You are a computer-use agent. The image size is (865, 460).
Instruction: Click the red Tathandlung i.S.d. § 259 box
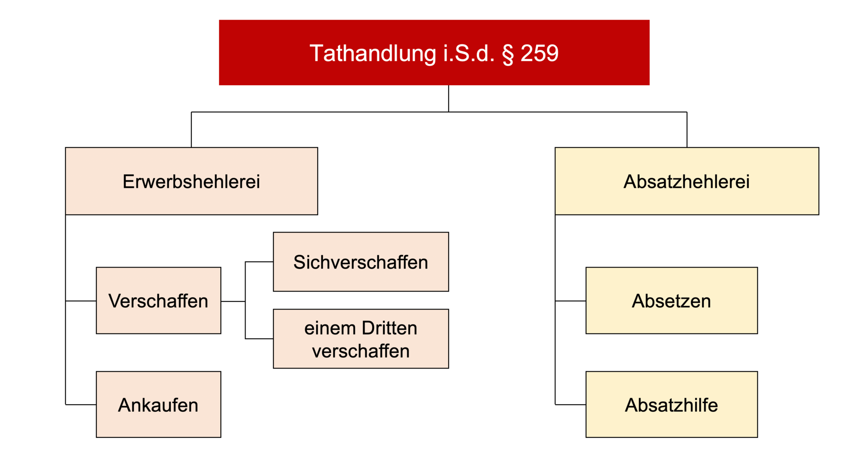pyautogui.click(x=434, y=52)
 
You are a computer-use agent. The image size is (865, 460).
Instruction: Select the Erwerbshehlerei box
pyautogui.click(x=191, y=181)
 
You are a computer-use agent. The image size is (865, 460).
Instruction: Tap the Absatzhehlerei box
pyautogui.click(x=687, y=181)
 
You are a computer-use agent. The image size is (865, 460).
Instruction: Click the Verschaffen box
pyautogui.click(x=159, y=301)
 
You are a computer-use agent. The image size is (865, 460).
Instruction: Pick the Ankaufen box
pyautogui.click(x=159, y=405)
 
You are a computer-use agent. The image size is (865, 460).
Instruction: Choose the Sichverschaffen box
pyautogui.click(x=361, y=262)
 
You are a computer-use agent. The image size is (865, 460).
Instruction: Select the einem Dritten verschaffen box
pyautogui.click(x=361, y=339)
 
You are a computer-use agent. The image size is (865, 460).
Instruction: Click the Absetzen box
pyautogui.click(x=672, y=301)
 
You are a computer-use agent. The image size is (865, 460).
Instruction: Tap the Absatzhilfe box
pyautogui.click(x=672, y=405)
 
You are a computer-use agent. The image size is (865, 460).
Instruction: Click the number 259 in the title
pyautogui.click(x=539, y=53)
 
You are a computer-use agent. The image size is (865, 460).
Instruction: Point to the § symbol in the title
pyautogui.click(x=508, y=54)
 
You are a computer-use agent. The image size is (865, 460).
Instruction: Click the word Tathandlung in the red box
pyautogui.click(x=373, y=54)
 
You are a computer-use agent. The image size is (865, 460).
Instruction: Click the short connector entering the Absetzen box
pyautogui.click(x=570, y=301)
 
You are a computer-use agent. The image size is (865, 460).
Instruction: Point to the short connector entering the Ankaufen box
pyautogui.click(x=81, y=405)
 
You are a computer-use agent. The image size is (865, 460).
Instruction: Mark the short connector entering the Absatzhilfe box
pyautogui.click(x=570, y=405)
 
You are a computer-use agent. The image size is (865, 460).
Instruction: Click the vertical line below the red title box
pyautogui.click(x=449, y=98)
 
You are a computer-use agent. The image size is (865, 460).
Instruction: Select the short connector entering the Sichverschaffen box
pyautogui.click(x=259, y=262)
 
